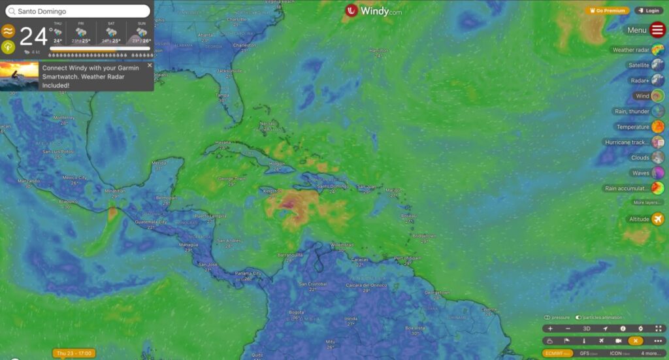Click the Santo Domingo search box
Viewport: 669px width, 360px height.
(x=78, y=11)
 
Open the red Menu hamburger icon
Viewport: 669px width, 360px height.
(x=657, y=29)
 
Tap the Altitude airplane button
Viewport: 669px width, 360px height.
(x=657, y=219)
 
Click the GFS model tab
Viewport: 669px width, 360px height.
(x=585, y=353)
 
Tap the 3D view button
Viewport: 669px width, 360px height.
(x=586, y=329)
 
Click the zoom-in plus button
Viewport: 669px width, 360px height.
(x=550, y=329)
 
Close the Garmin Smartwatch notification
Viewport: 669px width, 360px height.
(x=150, y=65)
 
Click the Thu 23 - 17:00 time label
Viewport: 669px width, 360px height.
(x=74, y=353)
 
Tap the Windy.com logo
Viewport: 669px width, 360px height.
(x=374, y=10)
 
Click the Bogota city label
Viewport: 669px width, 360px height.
(x=295, y=312)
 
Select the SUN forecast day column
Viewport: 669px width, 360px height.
(x=141, y=32)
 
